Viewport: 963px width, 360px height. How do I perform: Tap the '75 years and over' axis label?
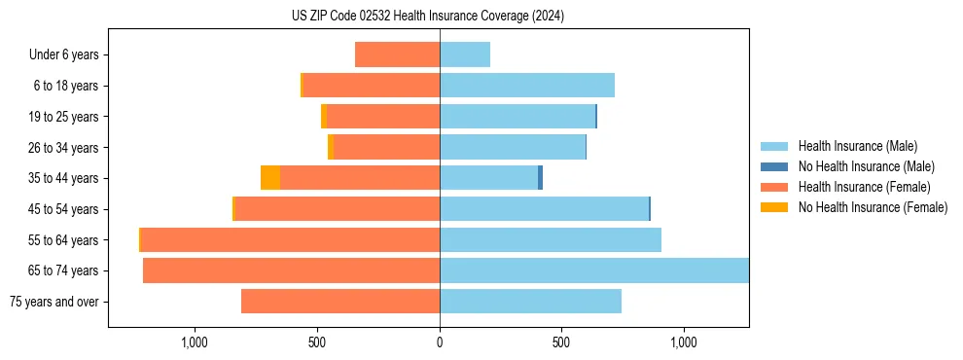54,302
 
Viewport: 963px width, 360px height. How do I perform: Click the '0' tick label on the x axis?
440,342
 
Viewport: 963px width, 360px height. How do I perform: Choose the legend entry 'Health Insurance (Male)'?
857,146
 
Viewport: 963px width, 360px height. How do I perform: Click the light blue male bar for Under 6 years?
465,54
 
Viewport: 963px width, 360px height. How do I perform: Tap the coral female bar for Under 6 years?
397,54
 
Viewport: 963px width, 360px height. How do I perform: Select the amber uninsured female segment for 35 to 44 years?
270,178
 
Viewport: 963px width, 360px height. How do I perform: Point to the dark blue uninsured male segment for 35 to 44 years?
540,178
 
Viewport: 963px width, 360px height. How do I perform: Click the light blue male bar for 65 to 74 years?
593,270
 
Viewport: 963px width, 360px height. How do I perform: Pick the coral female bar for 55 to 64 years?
290,239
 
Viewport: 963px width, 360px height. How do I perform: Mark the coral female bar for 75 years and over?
340,302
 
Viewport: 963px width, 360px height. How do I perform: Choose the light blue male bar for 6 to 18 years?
526,86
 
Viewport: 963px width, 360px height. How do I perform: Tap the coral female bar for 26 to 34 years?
386,147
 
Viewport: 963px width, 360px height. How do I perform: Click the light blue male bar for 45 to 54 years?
544,209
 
